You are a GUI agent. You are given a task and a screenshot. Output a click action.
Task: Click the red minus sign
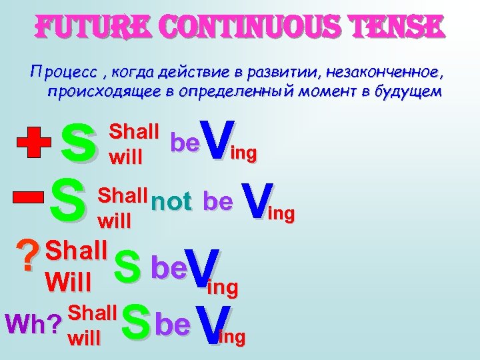(27, 197)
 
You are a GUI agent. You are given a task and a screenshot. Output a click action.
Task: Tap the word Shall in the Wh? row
(93, 311)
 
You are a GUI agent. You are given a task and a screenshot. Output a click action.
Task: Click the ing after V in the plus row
(243, 154)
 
